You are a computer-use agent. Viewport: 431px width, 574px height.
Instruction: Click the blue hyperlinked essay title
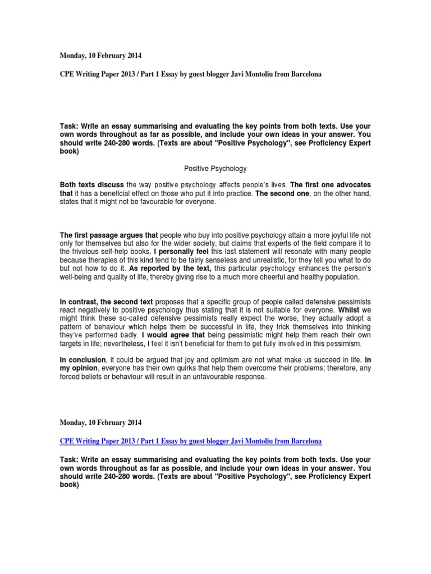pos(191,440)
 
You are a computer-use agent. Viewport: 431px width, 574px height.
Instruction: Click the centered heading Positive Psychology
pos(215,168)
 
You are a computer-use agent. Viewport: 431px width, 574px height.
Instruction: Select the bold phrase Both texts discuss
pos(91,184)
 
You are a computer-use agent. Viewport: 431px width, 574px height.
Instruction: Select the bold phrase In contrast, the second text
pos(107,302)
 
